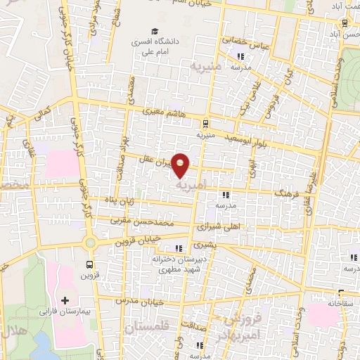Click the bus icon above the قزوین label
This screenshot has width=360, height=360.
pos(89,265)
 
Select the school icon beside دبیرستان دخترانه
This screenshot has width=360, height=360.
pos(177,247)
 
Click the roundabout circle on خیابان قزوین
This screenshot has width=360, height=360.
pos(89,243)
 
